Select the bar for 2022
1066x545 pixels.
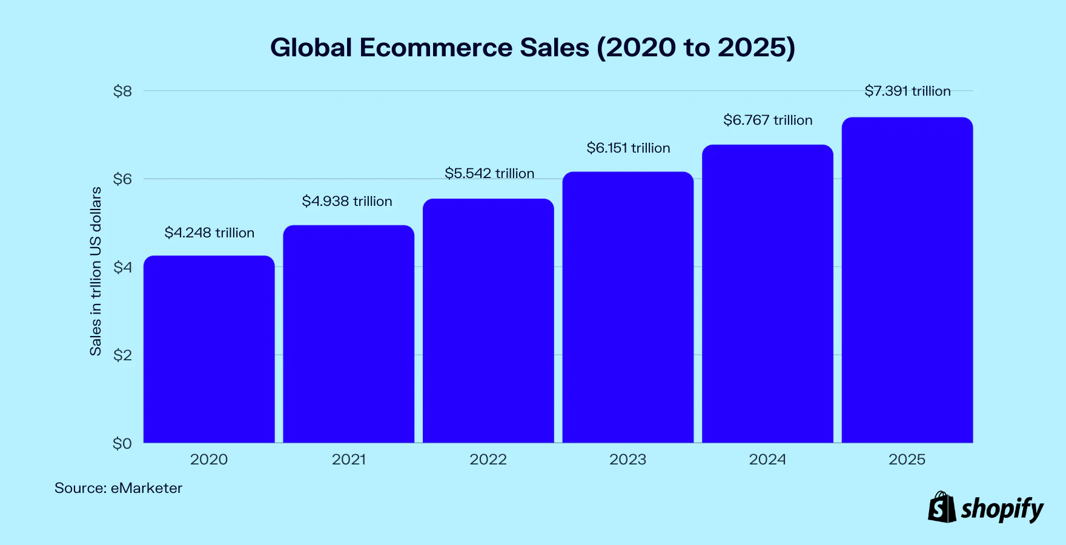tap(488, 321)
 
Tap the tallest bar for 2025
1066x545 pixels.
tap(907, 280)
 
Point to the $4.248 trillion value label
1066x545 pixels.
tap(210, 233)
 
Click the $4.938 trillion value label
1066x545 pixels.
tap(347, 201)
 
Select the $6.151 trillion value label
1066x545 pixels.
tap(628, 148)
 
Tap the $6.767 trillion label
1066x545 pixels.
tap(767, 120)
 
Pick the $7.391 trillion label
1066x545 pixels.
tap(907, 91)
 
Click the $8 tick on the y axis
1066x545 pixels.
tap(122, 91)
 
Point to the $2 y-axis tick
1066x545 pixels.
tap(122, 355)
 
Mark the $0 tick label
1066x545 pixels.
tap(122, 443)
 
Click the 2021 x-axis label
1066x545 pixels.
tap(349, 460)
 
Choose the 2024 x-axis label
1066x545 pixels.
tap(767, 460)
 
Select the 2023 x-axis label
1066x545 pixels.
tap(627, 460)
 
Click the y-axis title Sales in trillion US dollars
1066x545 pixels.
tap(96, 271)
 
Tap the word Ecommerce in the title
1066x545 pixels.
tap(436, 48)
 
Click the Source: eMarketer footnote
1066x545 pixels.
tap(118, 488)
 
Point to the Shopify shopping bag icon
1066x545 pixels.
tap(942, 507)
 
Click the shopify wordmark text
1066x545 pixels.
tap(1002, 509)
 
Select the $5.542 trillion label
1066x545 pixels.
tap(489, 173)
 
